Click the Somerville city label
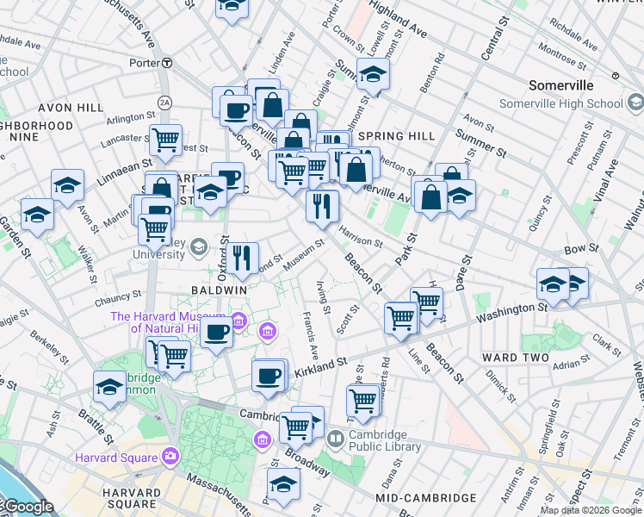click(560, 85)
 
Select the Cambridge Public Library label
click(384, 440)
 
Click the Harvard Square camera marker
click(170, 456)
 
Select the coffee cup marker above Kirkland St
click(269, 376)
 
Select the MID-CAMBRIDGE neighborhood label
click(426, 498)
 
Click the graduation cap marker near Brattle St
click(110, 388)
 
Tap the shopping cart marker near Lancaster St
click(165, 138)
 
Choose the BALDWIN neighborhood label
click(219, 290)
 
